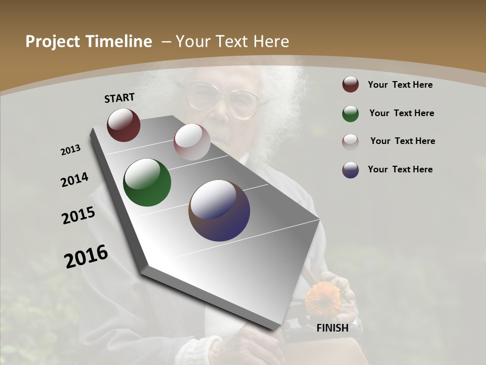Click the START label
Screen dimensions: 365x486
pyautogui.click(x=119, y=97)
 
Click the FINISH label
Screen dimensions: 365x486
pyautogui.click(x=332, y=328)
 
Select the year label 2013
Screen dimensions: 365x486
pyautogui.click(x=71, y=150)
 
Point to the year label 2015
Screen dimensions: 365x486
pyautogui.click(x=78, y=215)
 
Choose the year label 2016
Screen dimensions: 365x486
pyautogui.click(x=86, y=256)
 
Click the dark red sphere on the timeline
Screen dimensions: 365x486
pyautogui.click(x=124, y=125)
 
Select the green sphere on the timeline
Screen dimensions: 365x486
pyautogui.click(x=147, y=182)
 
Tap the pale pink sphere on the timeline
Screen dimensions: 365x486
pyautogui.click(x=192, y=142)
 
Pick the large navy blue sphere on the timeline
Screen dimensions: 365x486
pyautogui.click(x=219, y=210)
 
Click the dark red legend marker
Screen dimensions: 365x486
pyautogui.click(x=350, y=85)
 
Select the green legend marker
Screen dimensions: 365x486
pyautogui.click(x=350, y=114)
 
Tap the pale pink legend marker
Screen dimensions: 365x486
pyautogui.click(x=350, y=141)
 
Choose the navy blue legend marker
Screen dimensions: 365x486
pyautogui.click(x=350, y=170)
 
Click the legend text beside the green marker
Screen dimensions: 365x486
pyautogui.click(x=401, y=113)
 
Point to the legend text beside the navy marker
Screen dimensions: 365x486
pyautogui.click(x=400, y=169)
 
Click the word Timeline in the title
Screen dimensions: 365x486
pyautogui.click(x=120, y=42)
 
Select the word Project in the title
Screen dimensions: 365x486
pyautogui.click(x=53, y=42)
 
